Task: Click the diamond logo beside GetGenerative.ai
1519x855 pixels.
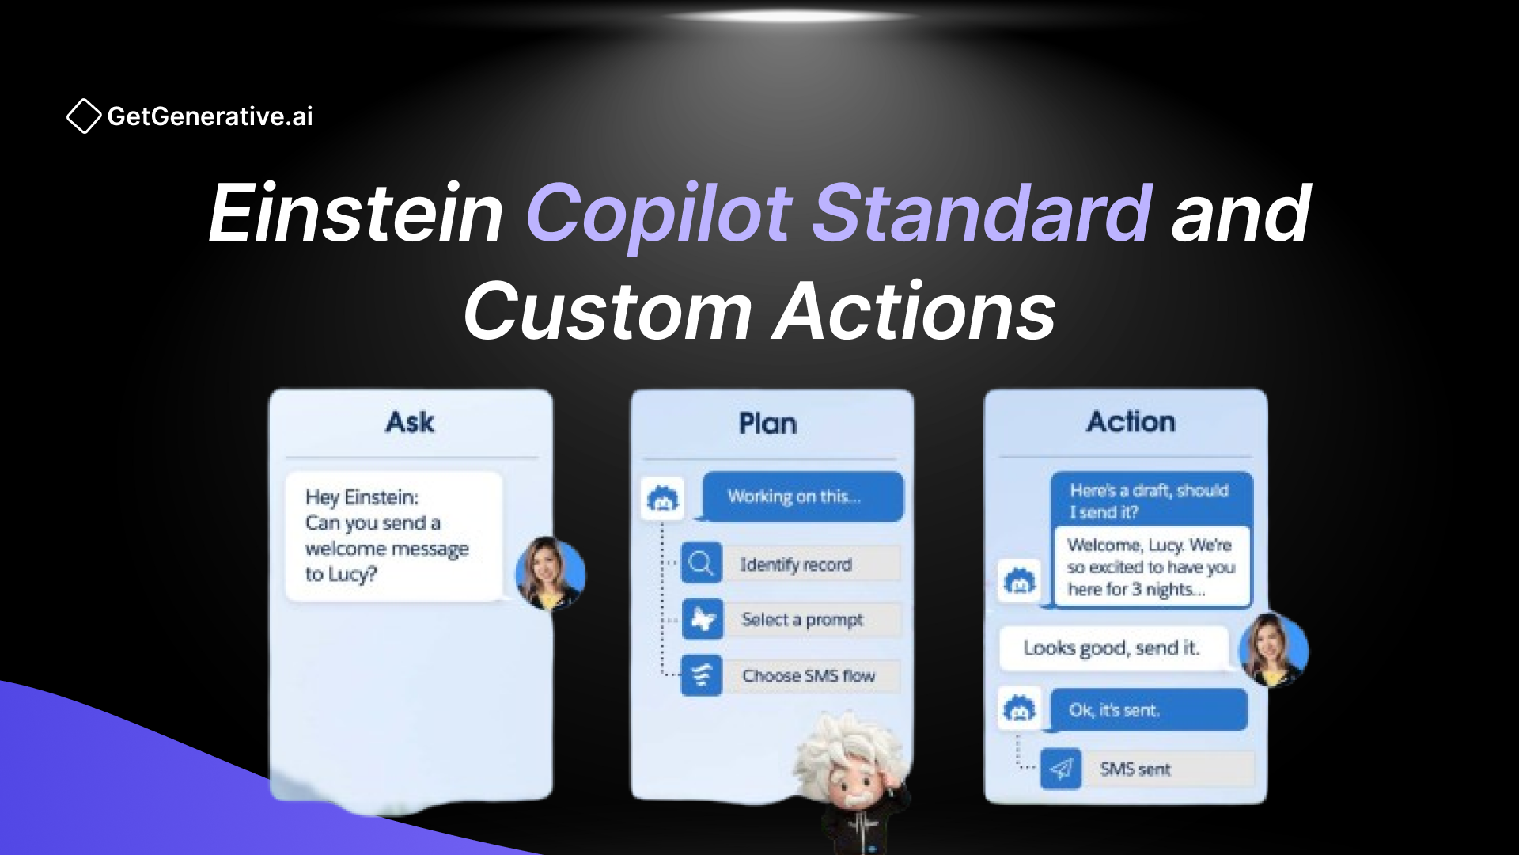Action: [x=84, y=116]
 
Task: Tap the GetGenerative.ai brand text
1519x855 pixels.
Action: [x=210, y=116]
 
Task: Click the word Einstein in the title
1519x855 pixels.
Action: [x=355, y=213]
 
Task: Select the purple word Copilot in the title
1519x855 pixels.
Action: [x=658, y=213]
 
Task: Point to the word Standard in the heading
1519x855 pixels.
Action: [x=982, y=213]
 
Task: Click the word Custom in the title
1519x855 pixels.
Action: [x=608, y=312]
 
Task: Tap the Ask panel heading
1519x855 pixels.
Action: [x=410, y=422]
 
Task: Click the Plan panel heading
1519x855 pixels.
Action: [x=767, y=424]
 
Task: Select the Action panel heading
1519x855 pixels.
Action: [x=1131, y=422]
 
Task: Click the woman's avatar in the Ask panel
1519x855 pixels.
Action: [x=550, y=573]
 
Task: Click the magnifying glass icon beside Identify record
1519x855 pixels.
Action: [x=701, y=564]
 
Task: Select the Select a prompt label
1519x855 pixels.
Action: [x=802, y=620]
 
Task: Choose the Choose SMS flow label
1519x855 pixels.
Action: [x=808, y=676]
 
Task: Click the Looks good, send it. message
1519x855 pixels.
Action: [x=1112, y=648]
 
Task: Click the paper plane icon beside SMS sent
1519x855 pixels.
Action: [x=1061, y=769]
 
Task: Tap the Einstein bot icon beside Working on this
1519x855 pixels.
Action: [x=663, y=500]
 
